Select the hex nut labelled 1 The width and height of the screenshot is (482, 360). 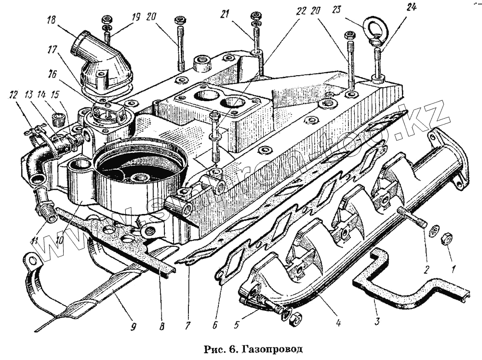point(446,238)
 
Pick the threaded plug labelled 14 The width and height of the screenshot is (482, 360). point(58,119)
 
